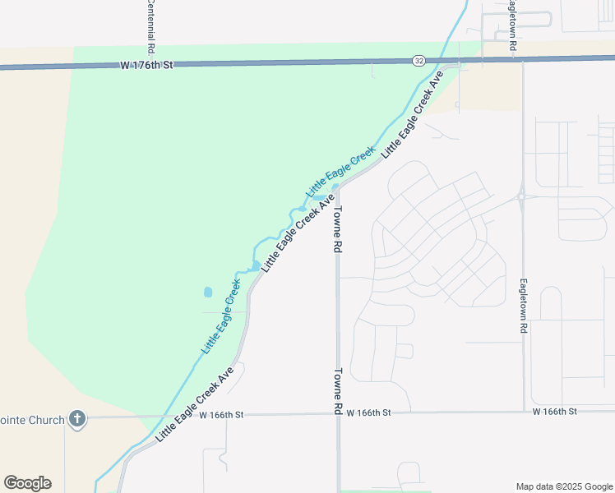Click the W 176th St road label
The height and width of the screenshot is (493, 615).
point(147,64)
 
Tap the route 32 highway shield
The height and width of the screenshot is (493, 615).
point(419,60)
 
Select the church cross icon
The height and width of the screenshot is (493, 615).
point(77,419)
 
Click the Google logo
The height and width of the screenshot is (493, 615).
point(27,483)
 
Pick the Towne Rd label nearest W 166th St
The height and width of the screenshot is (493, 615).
point(337,390)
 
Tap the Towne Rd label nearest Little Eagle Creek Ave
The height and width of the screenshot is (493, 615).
point(337,228)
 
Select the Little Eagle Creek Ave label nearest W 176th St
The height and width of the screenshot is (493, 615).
point(413,114)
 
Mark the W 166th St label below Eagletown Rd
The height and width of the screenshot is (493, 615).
point(555,411)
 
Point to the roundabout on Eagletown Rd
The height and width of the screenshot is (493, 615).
point(522,196)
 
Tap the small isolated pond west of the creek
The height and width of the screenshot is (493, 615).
point(207,292)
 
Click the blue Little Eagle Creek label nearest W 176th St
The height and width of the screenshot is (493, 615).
point(340,172)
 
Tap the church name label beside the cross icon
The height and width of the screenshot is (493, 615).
point(32,420)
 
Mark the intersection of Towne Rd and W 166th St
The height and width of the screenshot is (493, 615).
point(337,413)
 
